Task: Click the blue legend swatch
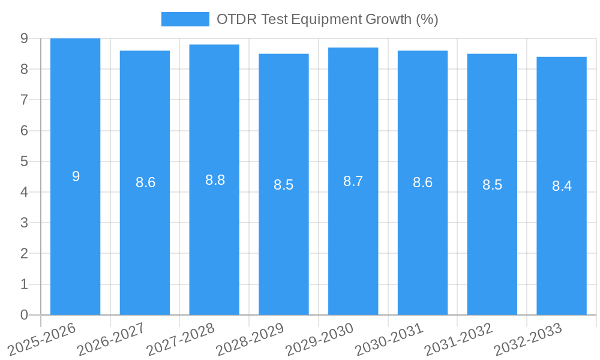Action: coord(185,19)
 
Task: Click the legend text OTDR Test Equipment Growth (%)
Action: coord(327,19)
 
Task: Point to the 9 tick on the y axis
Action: coord(24,38)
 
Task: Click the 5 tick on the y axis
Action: coord(24,161)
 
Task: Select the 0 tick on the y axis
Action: coord(24,315)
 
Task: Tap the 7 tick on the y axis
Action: coord(24,100)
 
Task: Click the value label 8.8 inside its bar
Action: coord(215,180)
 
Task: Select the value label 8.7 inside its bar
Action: coord(353,181)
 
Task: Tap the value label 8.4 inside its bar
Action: coord(562,186)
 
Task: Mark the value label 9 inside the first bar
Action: coord(76,176)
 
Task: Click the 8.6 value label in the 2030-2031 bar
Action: coord(422,183)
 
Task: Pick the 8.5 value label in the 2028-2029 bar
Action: coord(283,185)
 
